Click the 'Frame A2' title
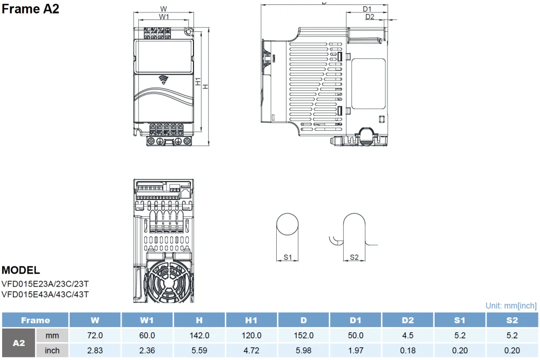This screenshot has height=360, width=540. pos(30,9)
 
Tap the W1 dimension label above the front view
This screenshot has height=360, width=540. pos(164,17)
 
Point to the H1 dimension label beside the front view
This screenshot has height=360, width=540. pos(198,82)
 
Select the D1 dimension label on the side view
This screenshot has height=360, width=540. pos(367,9)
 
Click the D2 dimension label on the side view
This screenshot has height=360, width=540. pos(370,17)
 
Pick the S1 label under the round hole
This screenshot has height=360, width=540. pos(288,257)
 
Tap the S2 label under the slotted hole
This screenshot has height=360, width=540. pos(354,257)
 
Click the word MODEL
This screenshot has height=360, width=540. pos(21,270)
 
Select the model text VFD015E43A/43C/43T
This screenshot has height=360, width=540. pos(45,295)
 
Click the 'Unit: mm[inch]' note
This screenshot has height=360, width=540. pos(511,306)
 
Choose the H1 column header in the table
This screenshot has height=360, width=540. pos(251,321)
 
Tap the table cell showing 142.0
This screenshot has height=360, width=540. pos(199,336)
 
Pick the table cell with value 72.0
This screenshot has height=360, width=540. pos(95,336)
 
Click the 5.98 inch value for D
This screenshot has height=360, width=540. pos(304,350)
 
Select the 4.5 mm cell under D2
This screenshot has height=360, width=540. pos(408,336)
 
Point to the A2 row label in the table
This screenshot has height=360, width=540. pos(18,343)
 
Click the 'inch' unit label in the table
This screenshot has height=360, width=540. pos(52,350)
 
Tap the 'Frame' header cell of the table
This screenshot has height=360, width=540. pos(35,321)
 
